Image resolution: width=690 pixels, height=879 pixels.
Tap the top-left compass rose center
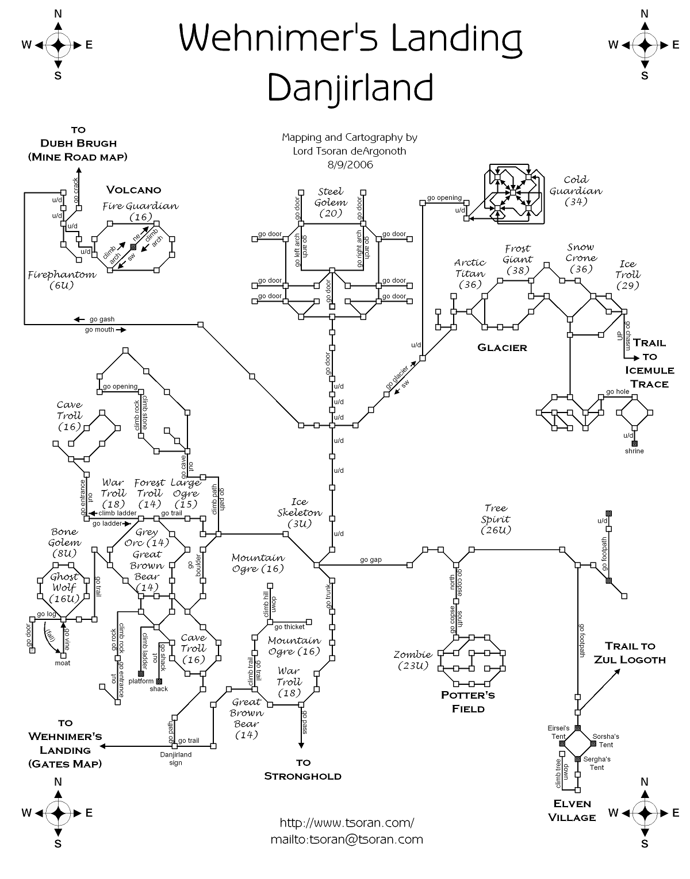pos(57,45)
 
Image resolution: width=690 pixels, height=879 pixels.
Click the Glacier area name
pos(502,348)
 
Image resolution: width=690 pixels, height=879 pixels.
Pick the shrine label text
pos(634,451)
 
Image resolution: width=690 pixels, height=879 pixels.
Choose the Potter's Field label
pos(468,701)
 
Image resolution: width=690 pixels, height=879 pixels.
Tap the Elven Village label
pos(572,810)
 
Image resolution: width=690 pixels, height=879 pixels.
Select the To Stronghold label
pos(302,770)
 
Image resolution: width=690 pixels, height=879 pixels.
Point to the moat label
pos(62,663)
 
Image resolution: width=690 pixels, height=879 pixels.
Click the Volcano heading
pos(133,190)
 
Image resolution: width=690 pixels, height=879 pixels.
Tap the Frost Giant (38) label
pos(517,259)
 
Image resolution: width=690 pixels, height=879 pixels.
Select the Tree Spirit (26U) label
pos(496,519)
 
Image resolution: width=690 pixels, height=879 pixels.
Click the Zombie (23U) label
pos(413,660)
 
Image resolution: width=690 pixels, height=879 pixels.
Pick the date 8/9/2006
pos(350,165)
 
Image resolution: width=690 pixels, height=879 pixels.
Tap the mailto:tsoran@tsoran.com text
pos(347,839)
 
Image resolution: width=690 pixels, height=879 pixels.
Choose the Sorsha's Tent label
pos(605,741)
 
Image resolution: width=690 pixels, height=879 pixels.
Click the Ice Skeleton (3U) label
pos(300,512)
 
